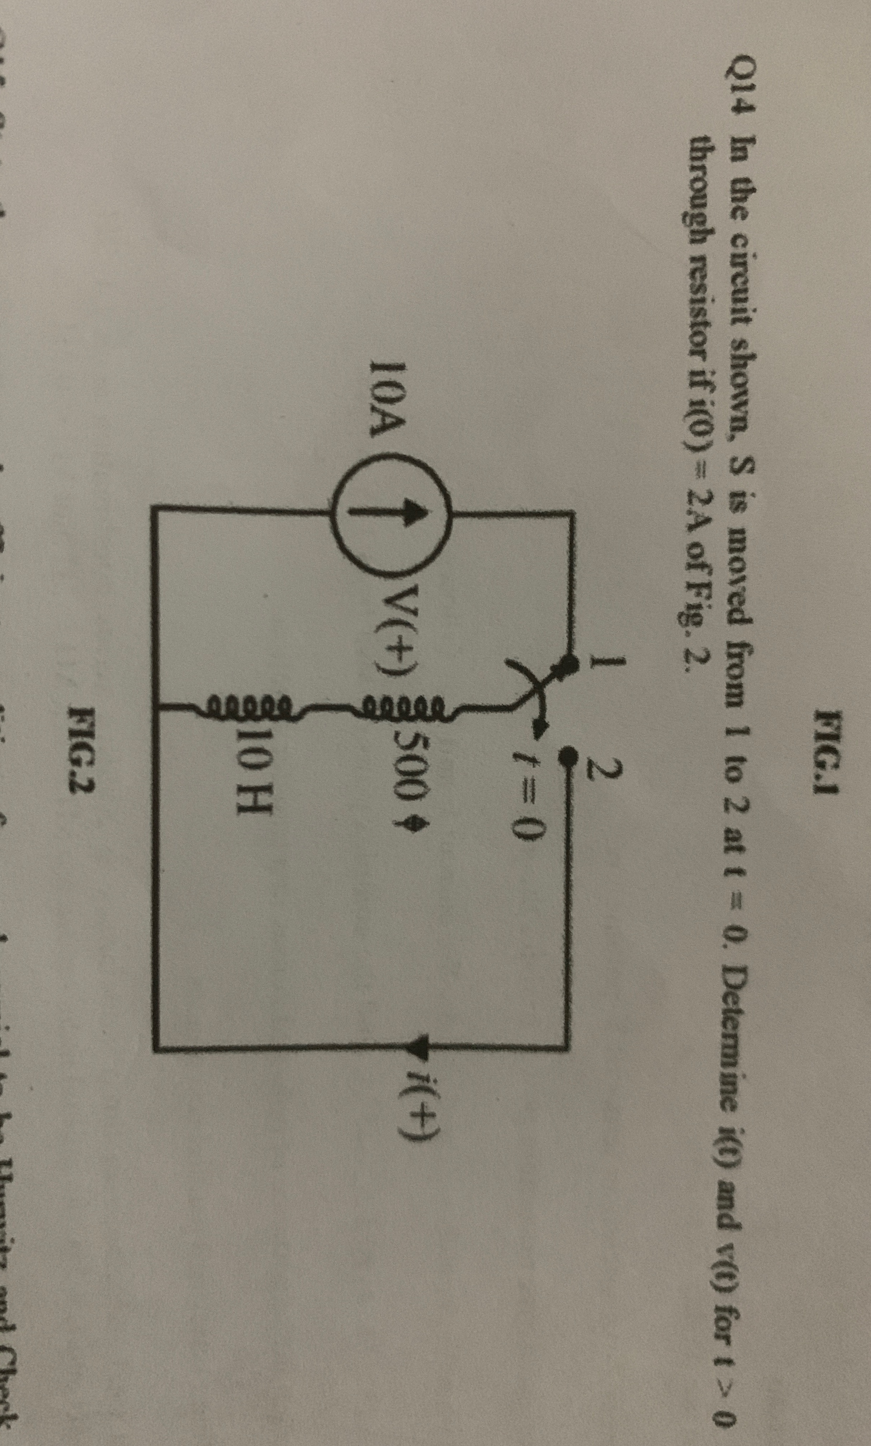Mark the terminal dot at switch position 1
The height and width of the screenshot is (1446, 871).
(566, 666)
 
